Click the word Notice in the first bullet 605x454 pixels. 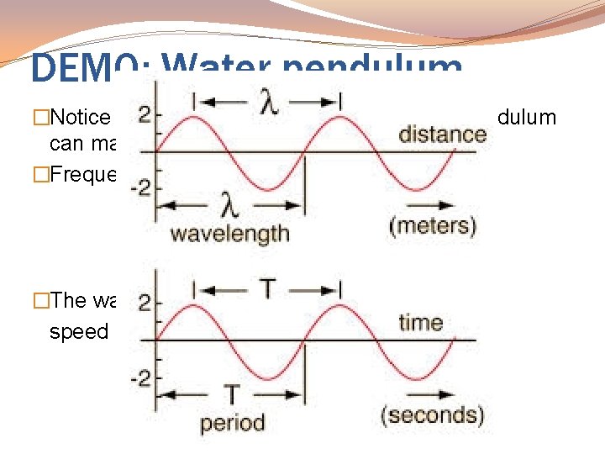[x=83, y=117]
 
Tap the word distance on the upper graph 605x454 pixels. [x=442, y=135]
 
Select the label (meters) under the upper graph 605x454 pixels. [x=434, y=226]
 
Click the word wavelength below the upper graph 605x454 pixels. [x=230, y=233]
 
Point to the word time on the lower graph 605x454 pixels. [x=421, y=323]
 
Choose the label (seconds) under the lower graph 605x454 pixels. [x=433, y=415]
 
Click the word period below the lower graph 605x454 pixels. [x=232, y=423]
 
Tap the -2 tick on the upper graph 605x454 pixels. [x=141, y=187]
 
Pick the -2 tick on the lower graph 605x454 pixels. [x=141, y=377]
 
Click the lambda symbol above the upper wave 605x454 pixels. [x=266, y=103]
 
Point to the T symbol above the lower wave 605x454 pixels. [x=266, y=290]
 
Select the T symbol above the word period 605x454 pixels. [x=231, y=393]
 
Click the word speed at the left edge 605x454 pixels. [x=79, y=331]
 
